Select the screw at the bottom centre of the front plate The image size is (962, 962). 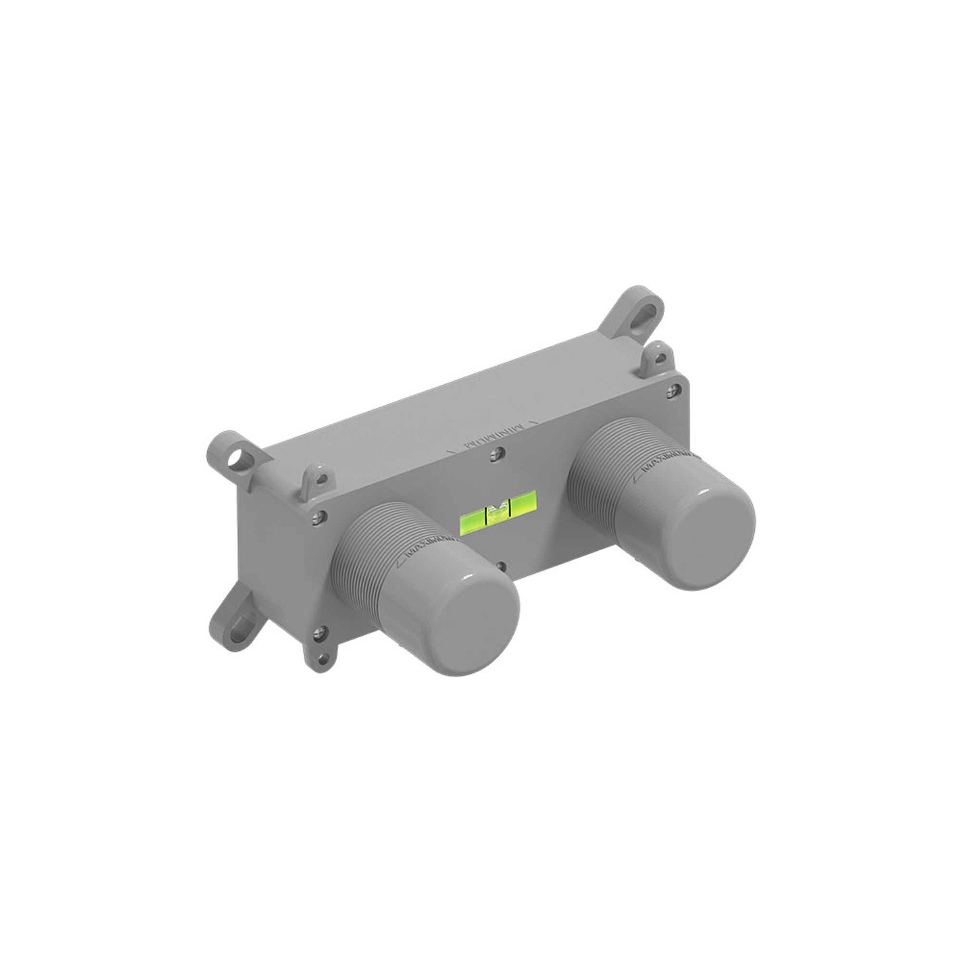[x=501, y=566]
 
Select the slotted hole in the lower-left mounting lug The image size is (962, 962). [x=238, y=625]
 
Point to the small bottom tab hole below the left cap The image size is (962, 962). [x=324, y=660]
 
